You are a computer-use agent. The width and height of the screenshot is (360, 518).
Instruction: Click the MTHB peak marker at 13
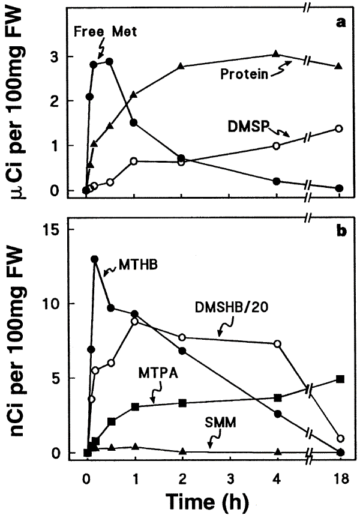95,259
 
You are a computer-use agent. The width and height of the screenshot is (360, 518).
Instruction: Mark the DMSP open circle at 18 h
340,128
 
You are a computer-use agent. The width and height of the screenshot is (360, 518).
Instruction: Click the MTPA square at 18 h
340,379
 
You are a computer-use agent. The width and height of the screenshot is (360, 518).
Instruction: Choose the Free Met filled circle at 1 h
134,122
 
